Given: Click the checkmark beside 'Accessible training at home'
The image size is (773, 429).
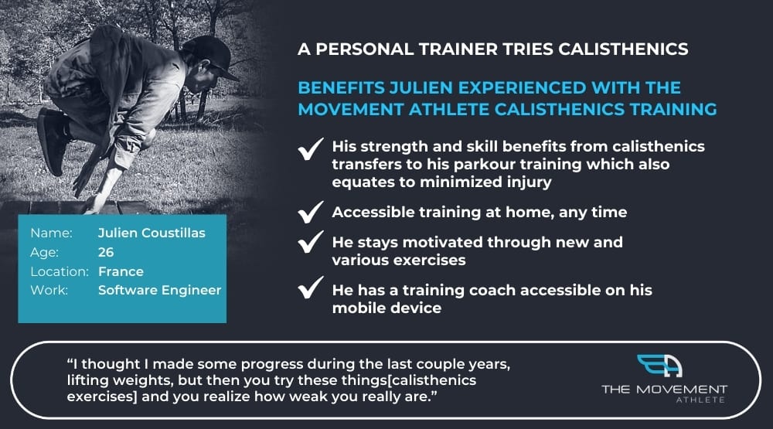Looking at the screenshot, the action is click(311, 212).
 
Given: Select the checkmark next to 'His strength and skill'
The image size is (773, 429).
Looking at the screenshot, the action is click(311, 149).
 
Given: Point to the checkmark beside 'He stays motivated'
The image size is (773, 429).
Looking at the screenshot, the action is click(311, 242).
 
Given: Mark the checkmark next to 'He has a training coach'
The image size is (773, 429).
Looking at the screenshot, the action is click(311, 288).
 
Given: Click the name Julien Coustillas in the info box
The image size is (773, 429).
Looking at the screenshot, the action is click(152, 233).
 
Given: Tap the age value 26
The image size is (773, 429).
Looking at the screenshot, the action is click(106, 252).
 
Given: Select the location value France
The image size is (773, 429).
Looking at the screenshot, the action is click(121, 271).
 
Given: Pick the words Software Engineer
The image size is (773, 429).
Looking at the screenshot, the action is click(160, 290).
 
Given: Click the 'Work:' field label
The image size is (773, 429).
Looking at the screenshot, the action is click(49, 290).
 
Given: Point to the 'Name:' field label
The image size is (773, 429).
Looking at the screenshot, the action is click(51, 233).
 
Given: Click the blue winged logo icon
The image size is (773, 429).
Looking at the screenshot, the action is click(659, 366).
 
